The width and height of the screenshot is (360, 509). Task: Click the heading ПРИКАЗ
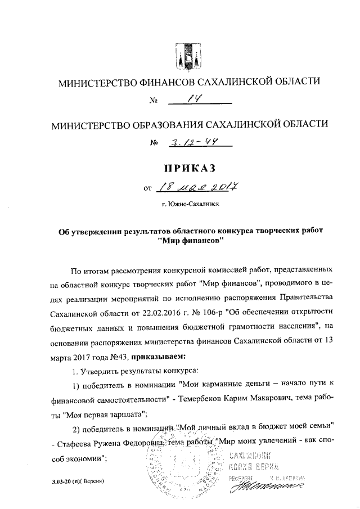coord(189,168)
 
